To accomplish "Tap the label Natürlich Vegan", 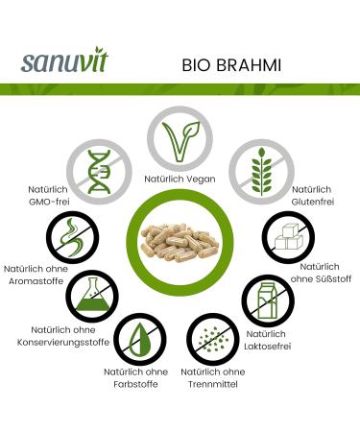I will coord(180,180).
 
